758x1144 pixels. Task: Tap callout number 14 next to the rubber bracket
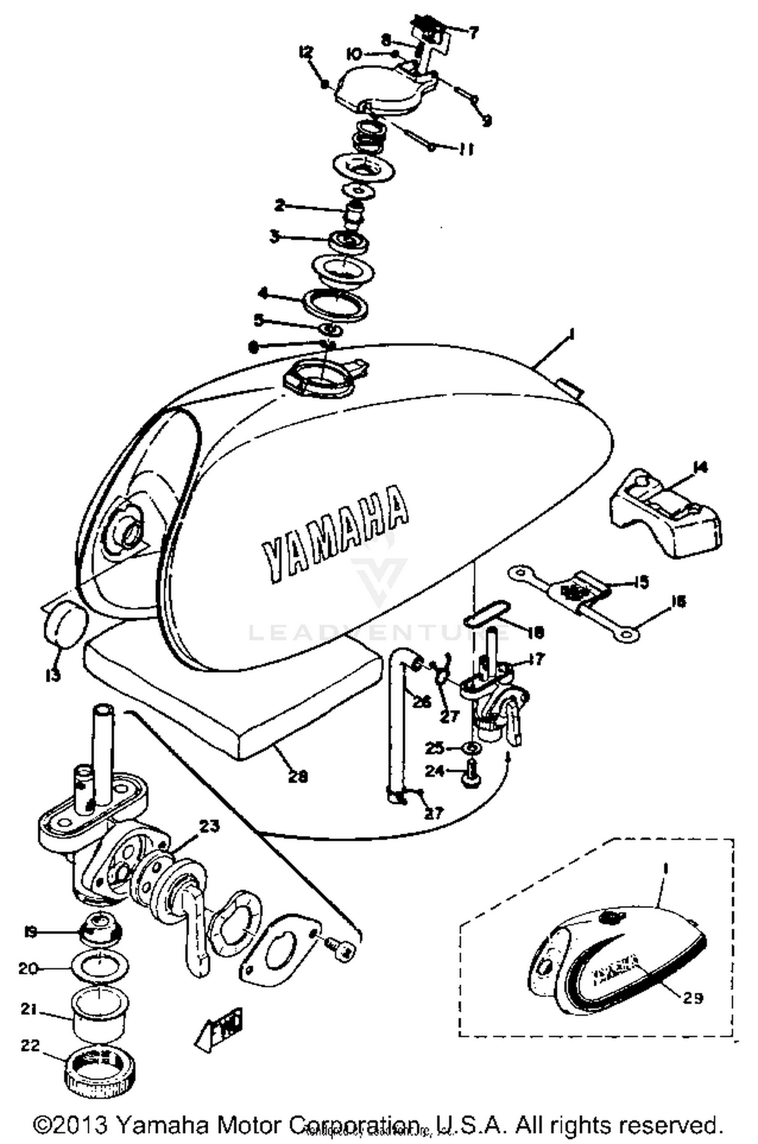tap(700, 468)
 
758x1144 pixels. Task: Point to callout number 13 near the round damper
tap(52, 674)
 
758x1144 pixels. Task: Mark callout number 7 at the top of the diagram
tap(473, 34)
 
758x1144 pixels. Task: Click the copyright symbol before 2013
tap(44, 1125)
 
